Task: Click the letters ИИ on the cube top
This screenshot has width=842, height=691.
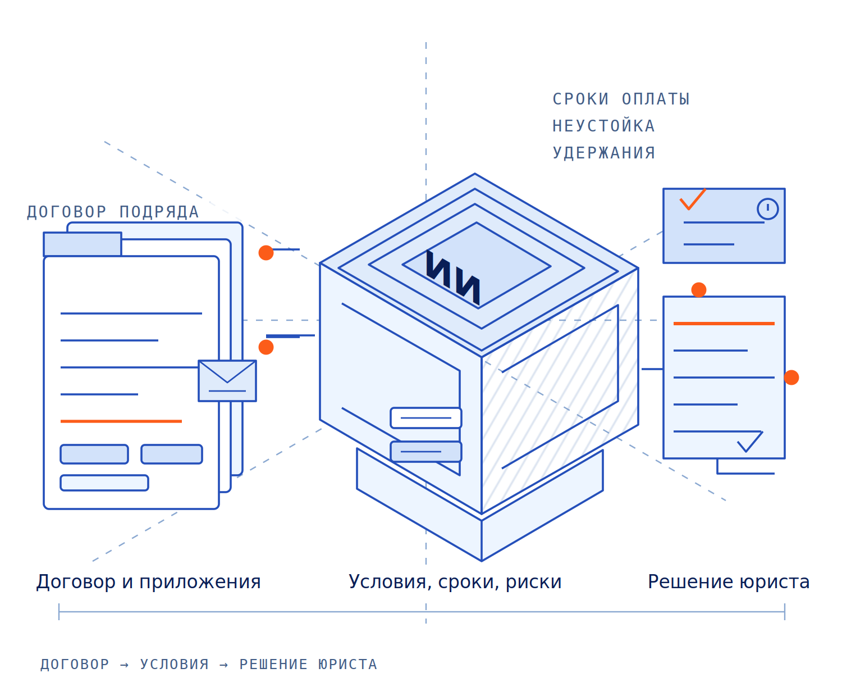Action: click(x=452, y=277)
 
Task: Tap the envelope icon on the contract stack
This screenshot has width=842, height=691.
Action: click(x=227, y=380)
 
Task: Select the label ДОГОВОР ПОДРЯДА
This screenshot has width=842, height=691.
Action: click(x=113, y=212)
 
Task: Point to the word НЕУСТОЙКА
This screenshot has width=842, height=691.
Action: click(x=603, y=125)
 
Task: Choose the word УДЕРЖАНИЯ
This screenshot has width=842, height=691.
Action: click(x=603, y=153)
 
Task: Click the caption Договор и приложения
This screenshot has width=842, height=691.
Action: click(x=148, y=582)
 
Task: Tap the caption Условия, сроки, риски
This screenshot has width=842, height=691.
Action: click(x=454, y=582)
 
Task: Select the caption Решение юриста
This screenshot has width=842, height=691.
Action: click(x=728, y=582)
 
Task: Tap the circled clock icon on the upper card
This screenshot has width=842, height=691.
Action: click(x=767, y=208)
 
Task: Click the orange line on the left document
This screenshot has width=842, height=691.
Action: click(x=121, y=421)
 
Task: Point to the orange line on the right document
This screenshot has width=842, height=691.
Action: click(x=723, y=324)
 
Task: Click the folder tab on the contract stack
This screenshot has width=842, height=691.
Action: click(x=83, y=244)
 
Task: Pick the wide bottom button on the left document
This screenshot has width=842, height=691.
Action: click(x=104, y=483)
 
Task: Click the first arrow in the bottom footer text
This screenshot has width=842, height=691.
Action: click(x=124, y=665)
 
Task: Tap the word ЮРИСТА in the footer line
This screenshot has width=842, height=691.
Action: click(x=347, y=665)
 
